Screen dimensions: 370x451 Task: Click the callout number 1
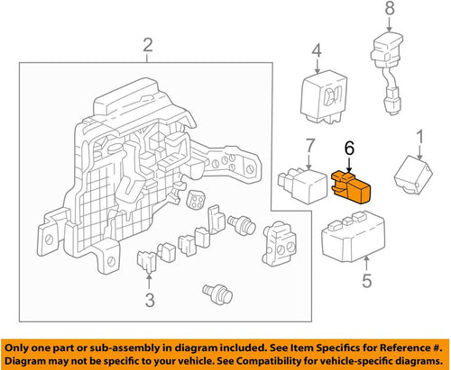pyautogui.click(x=418, y=139)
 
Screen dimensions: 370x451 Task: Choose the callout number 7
pyautogui.click(x=308, y=145)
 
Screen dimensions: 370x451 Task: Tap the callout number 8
pyautogui.click(x=389, y=11)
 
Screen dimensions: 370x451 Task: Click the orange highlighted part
pyautogui.click(x=354, y=187)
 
